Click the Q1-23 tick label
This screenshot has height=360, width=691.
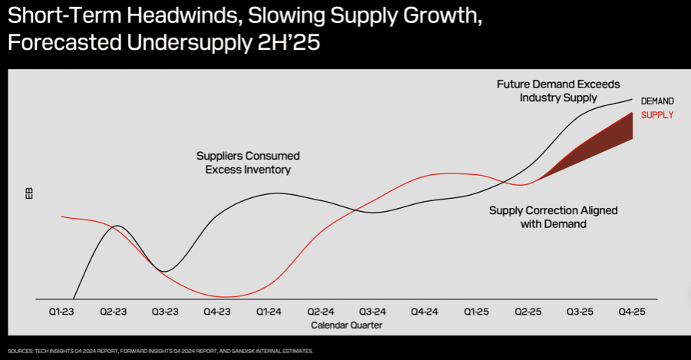[62, 312]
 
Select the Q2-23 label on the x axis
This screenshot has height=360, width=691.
[114, 312]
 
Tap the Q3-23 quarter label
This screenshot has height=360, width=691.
[165, 312]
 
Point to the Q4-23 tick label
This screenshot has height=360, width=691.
[217, 312]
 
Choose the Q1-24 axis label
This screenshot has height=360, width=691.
[269, 312]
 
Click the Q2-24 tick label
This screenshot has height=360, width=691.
[321, 312]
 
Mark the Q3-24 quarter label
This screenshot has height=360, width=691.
[372, 312]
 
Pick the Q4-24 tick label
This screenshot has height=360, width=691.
[425, 312]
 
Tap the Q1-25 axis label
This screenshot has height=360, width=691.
[476, 312]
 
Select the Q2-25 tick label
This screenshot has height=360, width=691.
[528, 312]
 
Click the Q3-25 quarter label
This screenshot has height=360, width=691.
[580, 312]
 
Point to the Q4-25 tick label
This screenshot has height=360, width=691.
[631, 312]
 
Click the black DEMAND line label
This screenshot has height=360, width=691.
[657, 101]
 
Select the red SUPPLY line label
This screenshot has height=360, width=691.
[657, 115]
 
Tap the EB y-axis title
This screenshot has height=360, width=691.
[30, 193]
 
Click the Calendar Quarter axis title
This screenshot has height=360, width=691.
[346, 325]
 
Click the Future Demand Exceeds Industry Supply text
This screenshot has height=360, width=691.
[557, 91]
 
